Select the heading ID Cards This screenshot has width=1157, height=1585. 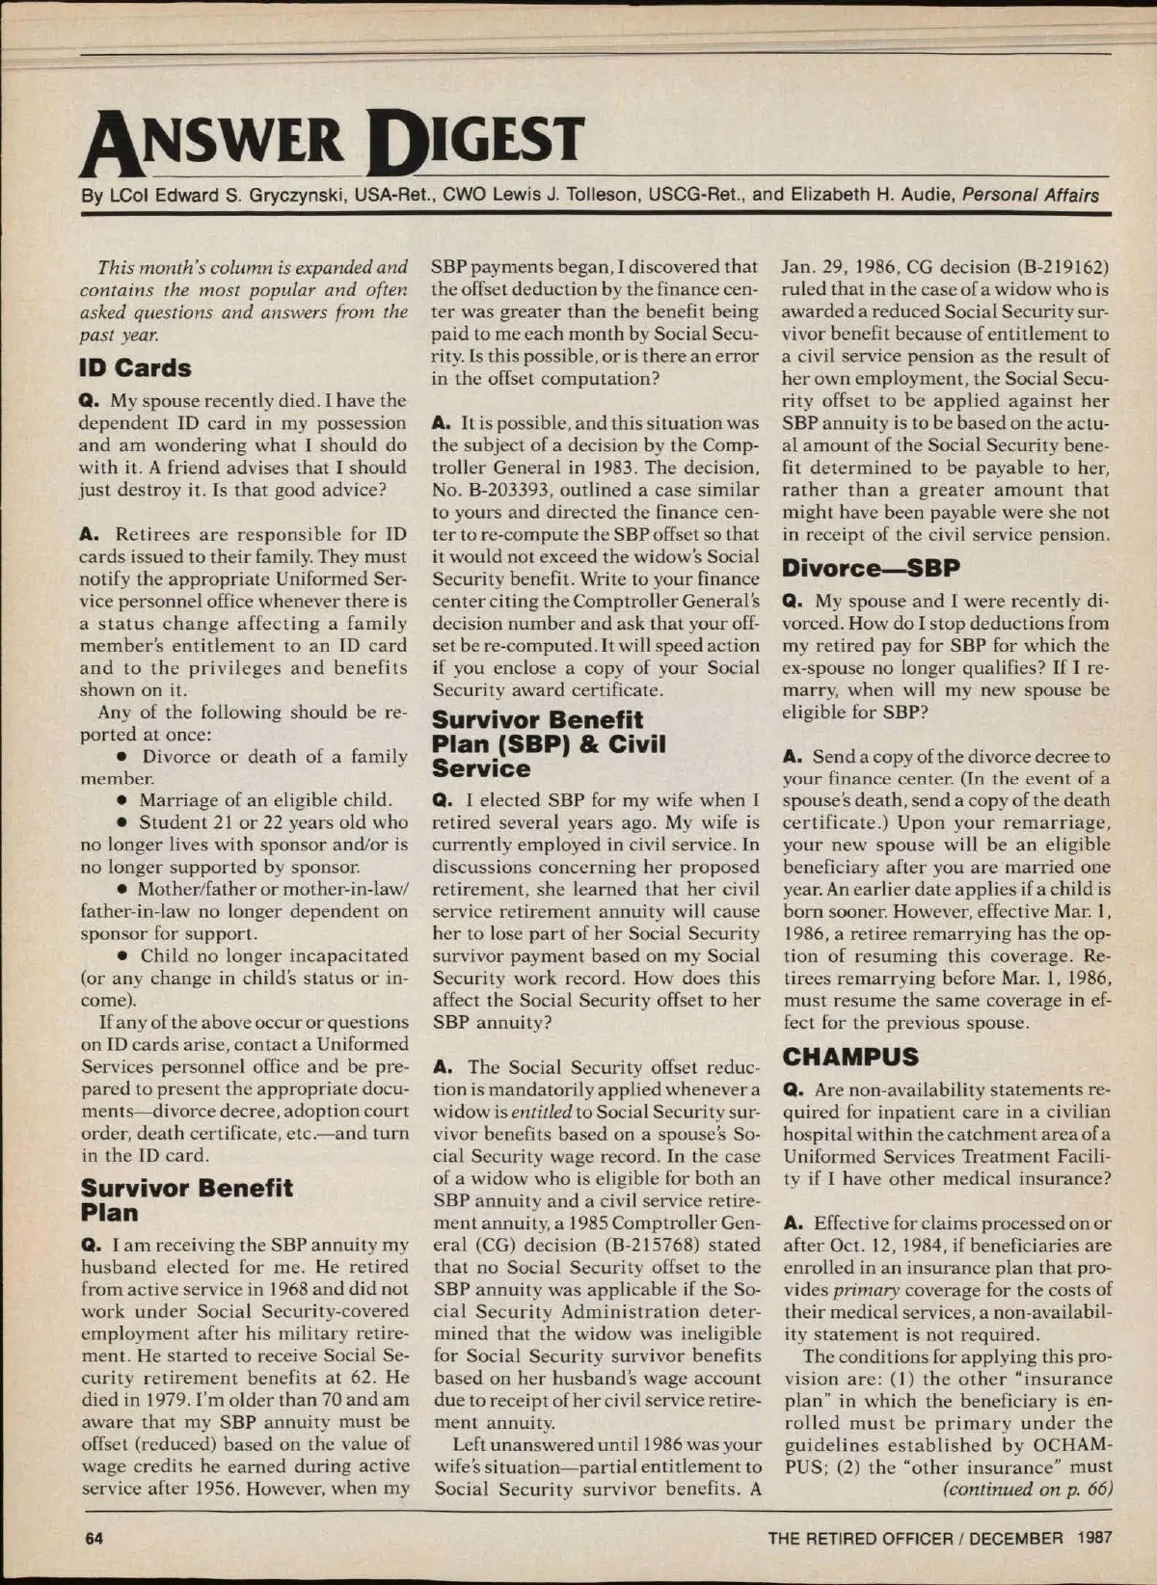tap(135, 367)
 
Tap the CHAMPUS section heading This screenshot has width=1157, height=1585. tap(850, 1057)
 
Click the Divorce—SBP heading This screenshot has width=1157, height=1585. tap(871, 568)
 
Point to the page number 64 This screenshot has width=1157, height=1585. tap(94, 1538)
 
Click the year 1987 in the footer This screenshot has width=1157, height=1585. tap(1095, 1538)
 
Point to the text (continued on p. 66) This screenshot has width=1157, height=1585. tap(1027, 1489)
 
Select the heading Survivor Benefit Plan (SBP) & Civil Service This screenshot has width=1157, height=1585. tap(548, 743)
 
